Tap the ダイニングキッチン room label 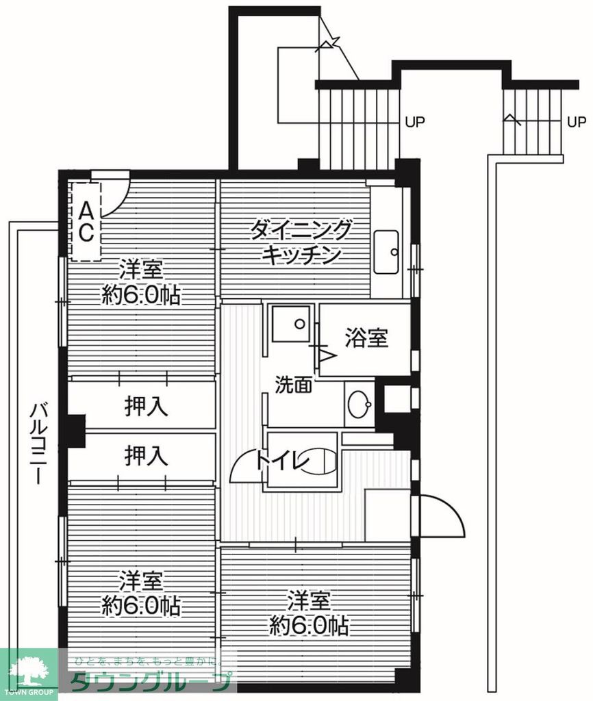click(302, 242)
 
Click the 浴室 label click(366, 337)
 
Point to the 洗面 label click(294, 384)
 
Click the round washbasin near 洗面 click(359, 405)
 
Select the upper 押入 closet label click(146, 407)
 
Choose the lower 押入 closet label click(146, 455)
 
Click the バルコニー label click(38, 444)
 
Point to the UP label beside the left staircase click(414, 123)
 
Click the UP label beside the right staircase click(576, 123)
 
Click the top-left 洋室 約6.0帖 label click(142, 281)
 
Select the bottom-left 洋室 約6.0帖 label click(142, 593)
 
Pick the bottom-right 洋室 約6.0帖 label click(308, 613)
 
